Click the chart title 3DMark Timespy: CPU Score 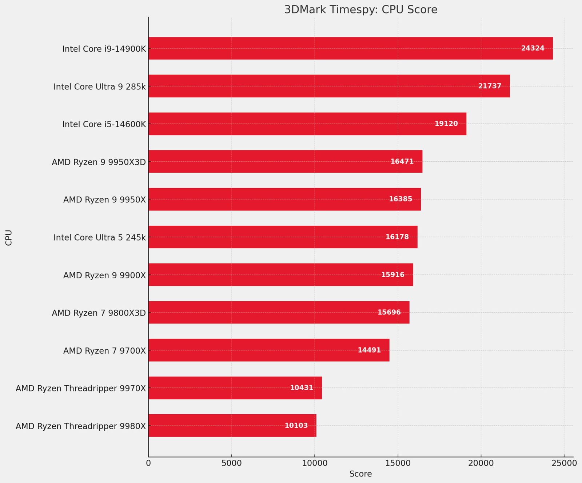point(360,10)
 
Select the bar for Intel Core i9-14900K point(350,48)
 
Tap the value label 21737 point(490,86)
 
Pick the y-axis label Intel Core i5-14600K point(104,124)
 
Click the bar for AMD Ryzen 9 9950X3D point(285,161)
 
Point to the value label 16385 point(400,199)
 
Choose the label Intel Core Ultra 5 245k point(100,238)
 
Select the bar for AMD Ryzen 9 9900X point(280,275)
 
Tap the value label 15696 point(389,313)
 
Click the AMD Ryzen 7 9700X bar point(269,350)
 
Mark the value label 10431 point(302,388)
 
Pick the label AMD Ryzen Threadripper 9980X point(81,426)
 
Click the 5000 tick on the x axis point(231,463)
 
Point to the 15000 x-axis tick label point(398,463)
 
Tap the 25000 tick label point(564,463)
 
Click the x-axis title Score point(360,474)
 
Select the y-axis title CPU point(9,238)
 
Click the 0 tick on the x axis point(148,463)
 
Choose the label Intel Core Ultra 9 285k point(100,86)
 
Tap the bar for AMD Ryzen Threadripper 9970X point(235,388)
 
